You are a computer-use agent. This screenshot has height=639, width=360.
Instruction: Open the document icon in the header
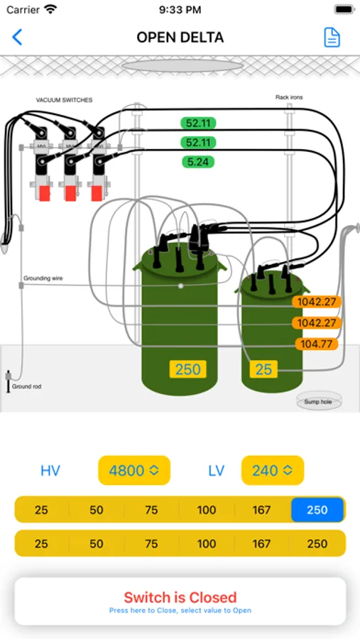point(332,37)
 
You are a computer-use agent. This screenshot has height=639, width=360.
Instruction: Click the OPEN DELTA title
point(180,37)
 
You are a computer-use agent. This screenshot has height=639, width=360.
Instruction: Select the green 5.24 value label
point(198,162)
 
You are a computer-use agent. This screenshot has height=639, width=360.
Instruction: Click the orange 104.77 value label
point(316,344)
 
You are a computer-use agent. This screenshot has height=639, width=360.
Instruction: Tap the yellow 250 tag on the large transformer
point(187,369)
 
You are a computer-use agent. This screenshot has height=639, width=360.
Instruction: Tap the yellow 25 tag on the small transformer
point(263,369)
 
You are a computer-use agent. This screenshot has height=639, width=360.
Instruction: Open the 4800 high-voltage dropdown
point(133,470)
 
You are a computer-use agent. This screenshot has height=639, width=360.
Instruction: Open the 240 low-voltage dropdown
point(272,470)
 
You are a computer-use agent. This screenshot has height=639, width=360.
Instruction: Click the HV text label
point(50,470)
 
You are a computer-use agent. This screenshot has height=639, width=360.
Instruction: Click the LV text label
point(217,470)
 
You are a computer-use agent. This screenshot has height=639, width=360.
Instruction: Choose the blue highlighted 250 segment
point(317,510)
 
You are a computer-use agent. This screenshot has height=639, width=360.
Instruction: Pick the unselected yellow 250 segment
point(317,544)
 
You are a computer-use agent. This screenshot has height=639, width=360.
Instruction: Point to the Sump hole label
point(318,402)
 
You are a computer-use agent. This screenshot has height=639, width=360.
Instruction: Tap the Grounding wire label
point(43,278)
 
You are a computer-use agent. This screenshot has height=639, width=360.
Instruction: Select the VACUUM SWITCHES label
point(64,100)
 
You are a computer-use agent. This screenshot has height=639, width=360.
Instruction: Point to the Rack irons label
point(290,97)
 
